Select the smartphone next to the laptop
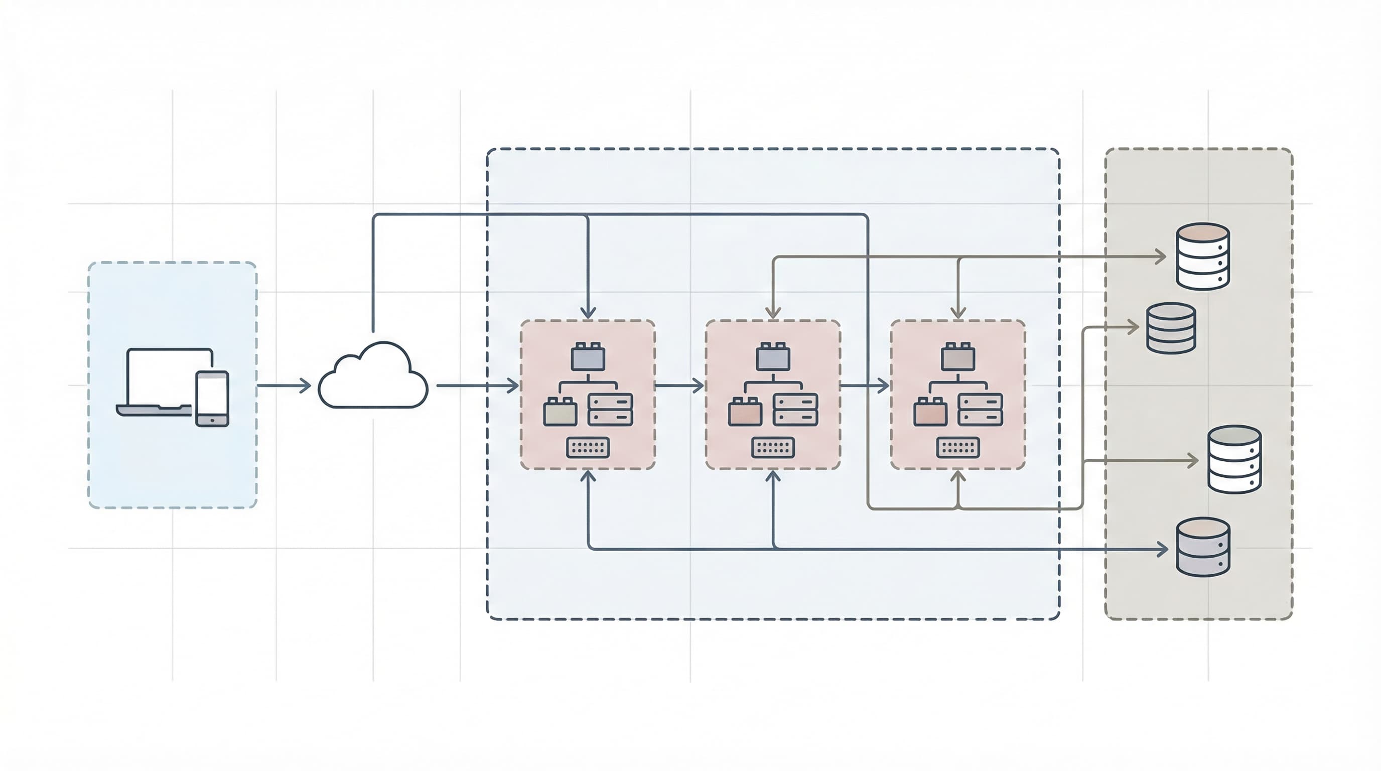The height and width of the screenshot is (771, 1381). [212, 399]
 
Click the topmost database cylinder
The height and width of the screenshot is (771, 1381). [1202, 256]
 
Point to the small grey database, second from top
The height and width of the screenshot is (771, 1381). [1171, 328]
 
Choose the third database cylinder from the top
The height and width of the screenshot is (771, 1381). [1234, 459]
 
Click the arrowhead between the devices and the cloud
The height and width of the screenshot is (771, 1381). [306, 385]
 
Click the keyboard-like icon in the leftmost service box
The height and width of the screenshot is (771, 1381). [588, 448]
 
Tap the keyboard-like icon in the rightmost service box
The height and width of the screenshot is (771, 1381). [958, 448]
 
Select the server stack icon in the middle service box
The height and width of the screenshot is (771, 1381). [795, 410]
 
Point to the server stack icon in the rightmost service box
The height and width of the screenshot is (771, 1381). [980, 410]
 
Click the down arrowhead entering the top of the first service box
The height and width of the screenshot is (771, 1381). [588, 313]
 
